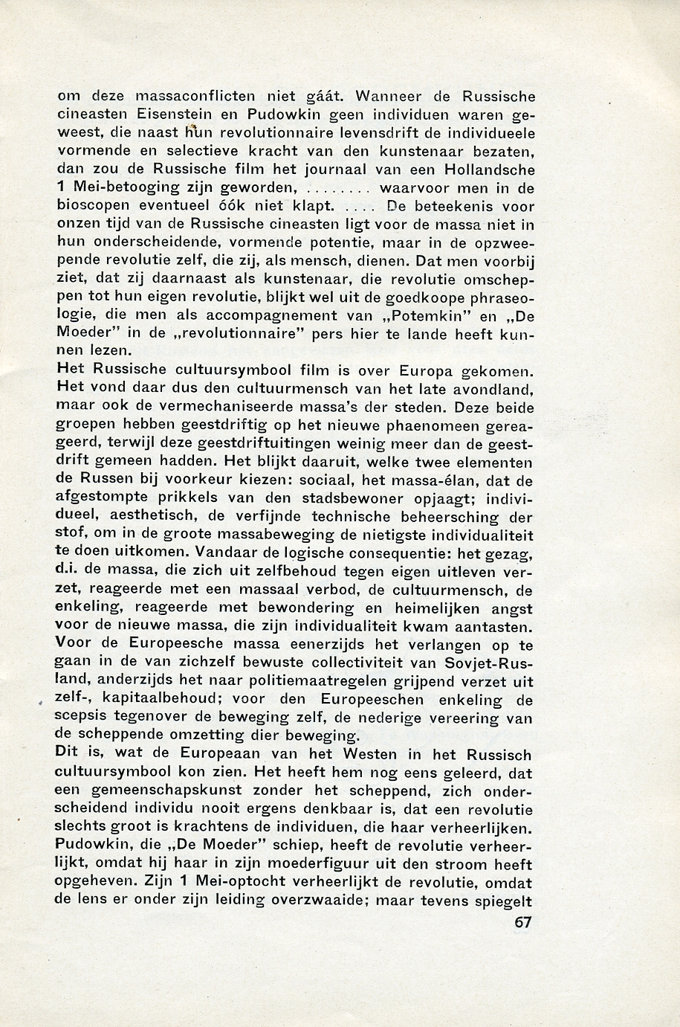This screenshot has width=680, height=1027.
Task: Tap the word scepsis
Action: point(80,717)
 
